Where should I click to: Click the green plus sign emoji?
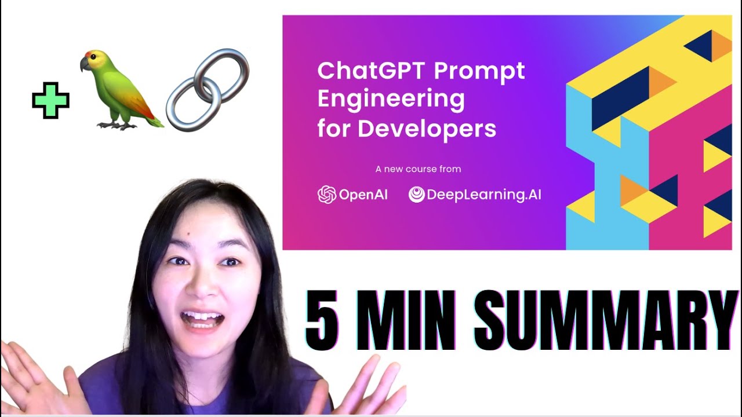(x=50, y=100)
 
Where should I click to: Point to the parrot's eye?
(x=94, y=57)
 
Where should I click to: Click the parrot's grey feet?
(x=117, y=125)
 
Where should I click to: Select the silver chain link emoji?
(x=208, y=90)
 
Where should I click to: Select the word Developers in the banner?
(x=427, y=129)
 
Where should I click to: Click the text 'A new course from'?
(x=418, y=169)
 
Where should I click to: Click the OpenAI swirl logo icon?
(x=326, y=194)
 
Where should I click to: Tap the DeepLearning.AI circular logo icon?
(x=416, y=194)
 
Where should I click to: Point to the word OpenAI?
(x=363, y=195)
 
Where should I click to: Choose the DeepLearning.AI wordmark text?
(x=484, y=195)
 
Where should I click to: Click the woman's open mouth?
(x=202, y=319)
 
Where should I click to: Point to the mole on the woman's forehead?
(x=188, y=235)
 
